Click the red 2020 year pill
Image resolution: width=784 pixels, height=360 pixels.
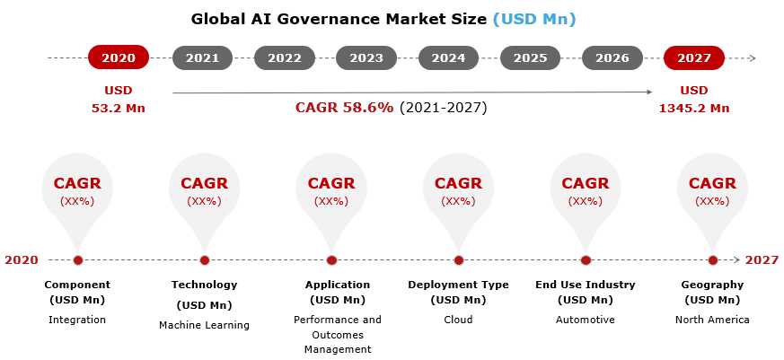click(119, 58)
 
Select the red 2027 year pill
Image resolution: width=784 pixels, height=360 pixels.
click(694, 58)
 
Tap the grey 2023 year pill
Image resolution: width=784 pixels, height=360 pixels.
click(366, 58)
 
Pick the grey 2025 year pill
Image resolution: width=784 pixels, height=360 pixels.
click(530, 58)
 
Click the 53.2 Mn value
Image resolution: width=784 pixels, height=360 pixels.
click(119, 108)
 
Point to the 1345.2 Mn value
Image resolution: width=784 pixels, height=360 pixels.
click(694, 108)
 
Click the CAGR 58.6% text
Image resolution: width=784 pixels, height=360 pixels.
click(344, 108)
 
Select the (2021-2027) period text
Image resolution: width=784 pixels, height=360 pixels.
click(443, 108)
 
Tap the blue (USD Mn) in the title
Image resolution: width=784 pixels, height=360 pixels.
click(534, 20)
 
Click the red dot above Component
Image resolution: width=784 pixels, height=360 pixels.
click(77, 260)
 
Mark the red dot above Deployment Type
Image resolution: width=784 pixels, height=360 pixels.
click(459, 260)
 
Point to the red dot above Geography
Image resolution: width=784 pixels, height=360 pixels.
click(713, 260)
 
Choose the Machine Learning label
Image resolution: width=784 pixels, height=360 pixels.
click(204, 326)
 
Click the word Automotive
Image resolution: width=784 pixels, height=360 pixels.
click(585, 320)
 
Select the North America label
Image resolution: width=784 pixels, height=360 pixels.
click(712, 320)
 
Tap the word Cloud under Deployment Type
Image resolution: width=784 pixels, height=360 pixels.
click(458, 320)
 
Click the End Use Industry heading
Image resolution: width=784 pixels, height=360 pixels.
click(585, 285)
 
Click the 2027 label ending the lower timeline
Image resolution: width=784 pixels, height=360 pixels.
click(762, 260)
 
